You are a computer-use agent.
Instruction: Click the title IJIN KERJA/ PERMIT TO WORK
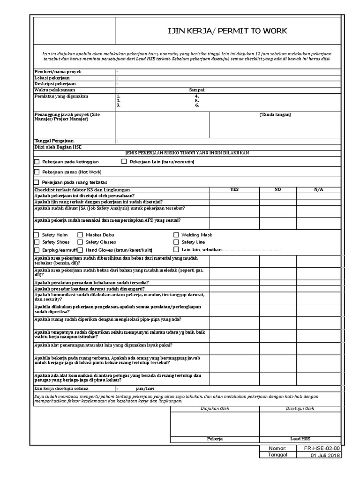[x=227, y=31]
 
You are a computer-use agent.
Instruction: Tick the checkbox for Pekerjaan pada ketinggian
[x=37, y=162]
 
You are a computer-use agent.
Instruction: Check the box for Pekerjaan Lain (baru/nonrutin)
[x=124, y=162]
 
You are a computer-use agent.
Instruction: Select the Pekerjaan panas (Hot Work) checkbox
[x=37, y=172]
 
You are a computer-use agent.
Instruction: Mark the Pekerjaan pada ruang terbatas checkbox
[x=37, y=182]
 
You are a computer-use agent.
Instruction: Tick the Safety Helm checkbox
[x=37, y=235]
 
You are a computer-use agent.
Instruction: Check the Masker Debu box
[x=80, y=235]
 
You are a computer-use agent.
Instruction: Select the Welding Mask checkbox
[x=176, y=235]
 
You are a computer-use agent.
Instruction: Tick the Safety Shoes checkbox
[x=37, y=242]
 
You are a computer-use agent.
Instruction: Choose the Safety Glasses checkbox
[x=80, y=242]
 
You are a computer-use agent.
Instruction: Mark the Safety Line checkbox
[x=176, y=242]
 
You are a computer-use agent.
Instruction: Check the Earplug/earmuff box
[x=37, y=250]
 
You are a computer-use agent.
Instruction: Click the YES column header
[x=234, y=189]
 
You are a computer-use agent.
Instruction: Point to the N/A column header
[x=319, y=189]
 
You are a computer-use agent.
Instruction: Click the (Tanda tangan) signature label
[x=275, y=114]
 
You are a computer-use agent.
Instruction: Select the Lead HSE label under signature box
[x=300, y=439]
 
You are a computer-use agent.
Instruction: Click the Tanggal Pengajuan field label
[x=54, y=141]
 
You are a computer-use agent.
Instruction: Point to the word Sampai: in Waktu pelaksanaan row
[x=197, y=90]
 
